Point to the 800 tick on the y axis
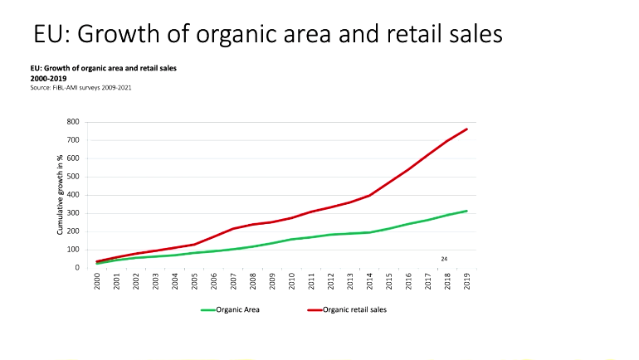point(73,123)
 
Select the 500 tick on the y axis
point(73,177)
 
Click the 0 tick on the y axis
point(77,268)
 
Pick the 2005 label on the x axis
point(194,283)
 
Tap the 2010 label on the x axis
point(291,283)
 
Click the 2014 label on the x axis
point(368,283)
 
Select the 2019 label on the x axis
point(466,283)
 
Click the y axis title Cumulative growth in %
point(60,194)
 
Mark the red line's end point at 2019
point(466,129)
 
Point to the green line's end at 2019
point(466,211)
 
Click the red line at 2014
point(368,195)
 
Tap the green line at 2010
point(291,239)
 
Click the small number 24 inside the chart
point(444,259)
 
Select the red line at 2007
point(233,229)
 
